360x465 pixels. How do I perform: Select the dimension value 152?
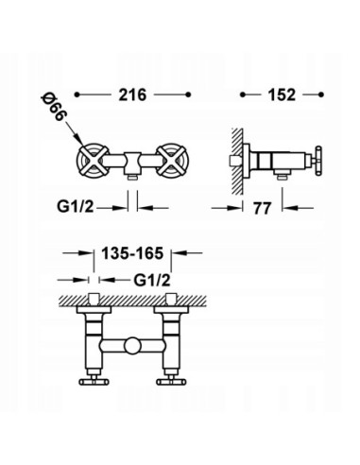click(x=284, y=95)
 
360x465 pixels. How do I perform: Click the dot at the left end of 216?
click(x=79, y=96)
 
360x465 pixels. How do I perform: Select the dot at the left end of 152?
click(x=245, y=96)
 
